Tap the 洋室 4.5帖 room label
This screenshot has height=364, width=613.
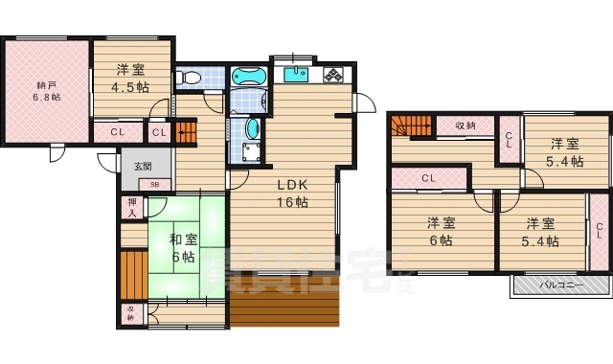coord(132,78)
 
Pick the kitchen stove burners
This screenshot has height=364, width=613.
coord(334,75)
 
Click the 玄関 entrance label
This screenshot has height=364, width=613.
coord(142,167)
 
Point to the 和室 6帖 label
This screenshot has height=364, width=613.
coord(185,248)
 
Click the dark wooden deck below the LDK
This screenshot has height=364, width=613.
coord(284,308)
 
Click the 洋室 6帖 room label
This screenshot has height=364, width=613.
coord(441,231)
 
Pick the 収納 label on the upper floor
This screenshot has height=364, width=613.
coord(465,125)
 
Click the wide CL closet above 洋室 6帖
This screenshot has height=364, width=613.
coord(428,178)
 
